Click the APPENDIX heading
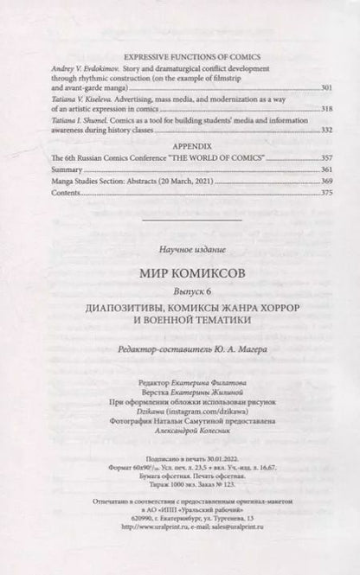tap(181, 147)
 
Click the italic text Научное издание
tap(181, 250)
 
